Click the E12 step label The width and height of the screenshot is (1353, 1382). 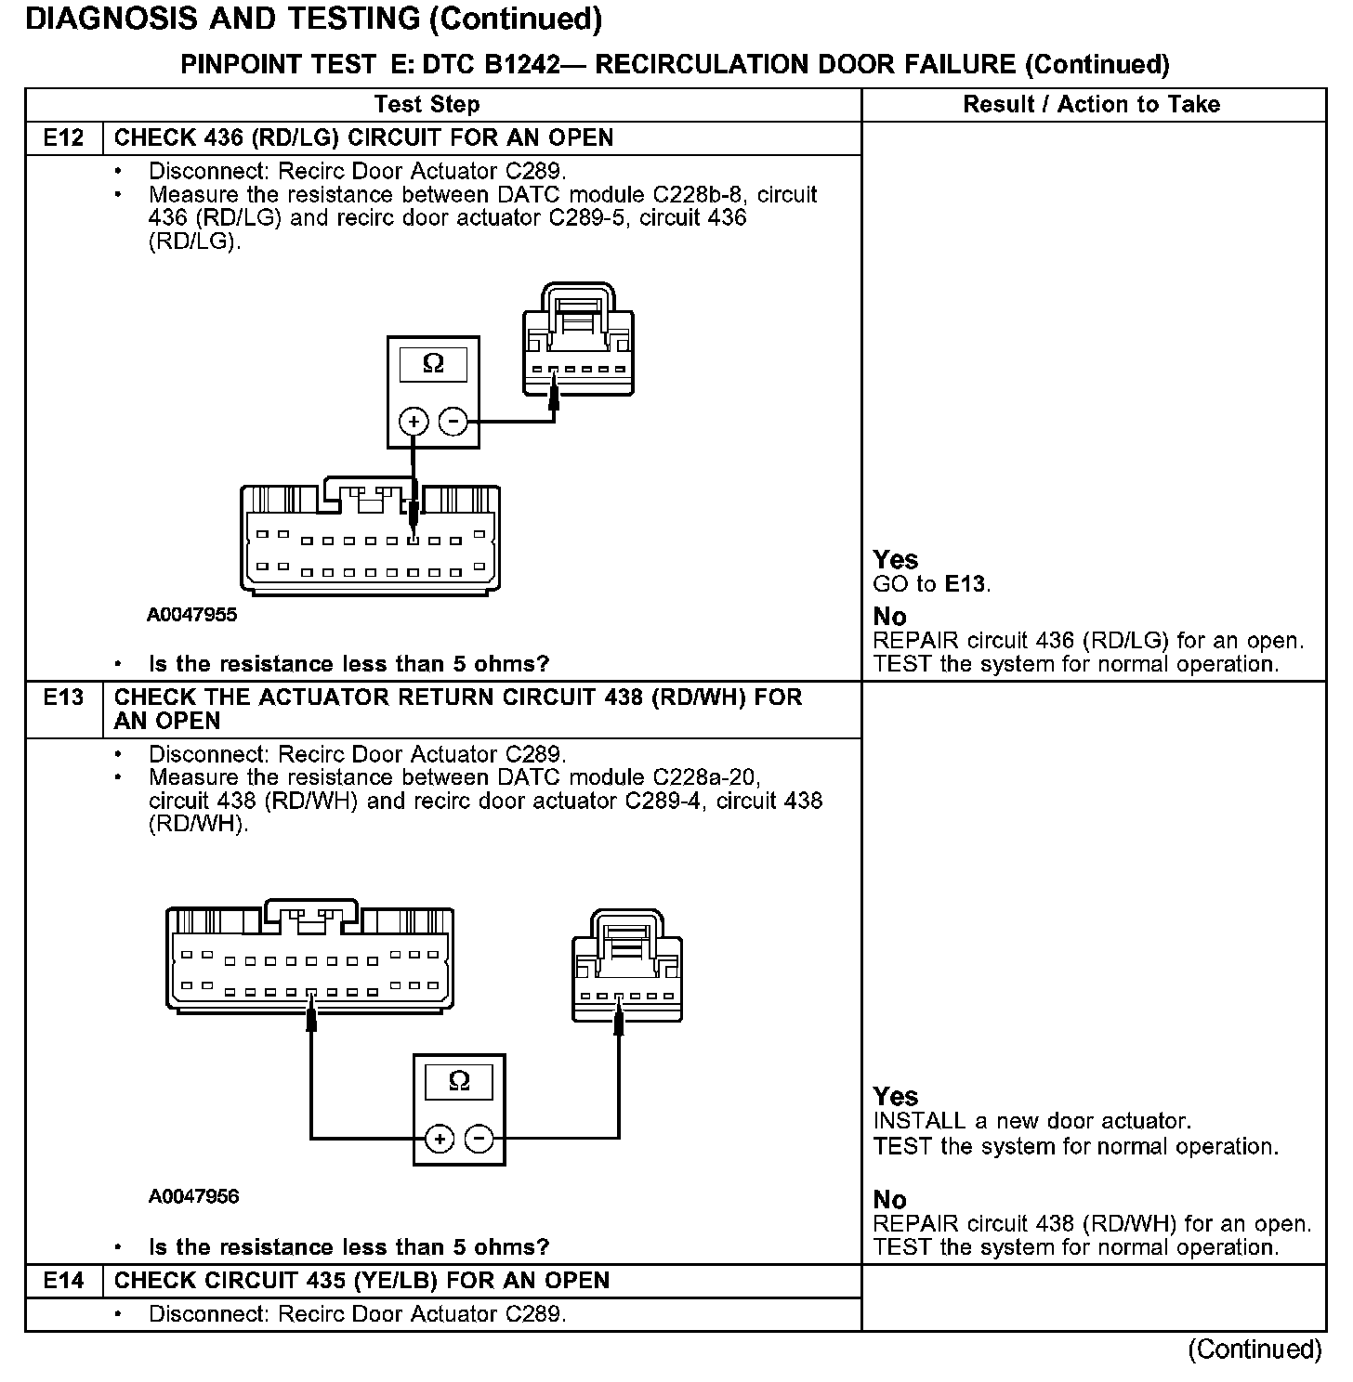point(63,138)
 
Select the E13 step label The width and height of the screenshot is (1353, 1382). point(63,698)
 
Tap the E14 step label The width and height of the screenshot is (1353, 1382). point(63,1281)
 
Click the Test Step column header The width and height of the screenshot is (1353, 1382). point(427,104)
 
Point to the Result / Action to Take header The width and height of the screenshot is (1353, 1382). point(1091,104)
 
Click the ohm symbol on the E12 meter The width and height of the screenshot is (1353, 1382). point(433,364)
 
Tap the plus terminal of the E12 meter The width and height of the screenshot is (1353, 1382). point(413,422)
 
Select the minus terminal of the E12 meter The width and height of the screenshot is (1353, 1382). point(453,422)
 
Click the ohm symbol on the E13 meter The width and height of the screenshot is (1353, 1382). point(459,1081)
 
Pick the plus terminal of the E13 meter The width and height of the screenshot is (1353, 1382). point(440,1139)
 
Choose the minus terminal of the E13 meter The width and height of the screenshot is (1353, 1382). point(479,1139)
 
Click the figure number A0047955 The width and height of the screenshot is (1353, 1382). point(192,615)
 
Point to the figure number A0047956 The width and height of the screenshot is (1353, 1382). point(193,1196)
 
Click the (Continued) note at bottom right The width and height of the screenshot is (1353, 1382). point(1254,1349)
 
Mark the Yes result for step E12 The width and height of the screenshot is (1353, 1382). point(896,559)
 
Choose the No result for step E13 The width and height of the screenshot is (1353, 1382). point(890,1200)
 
